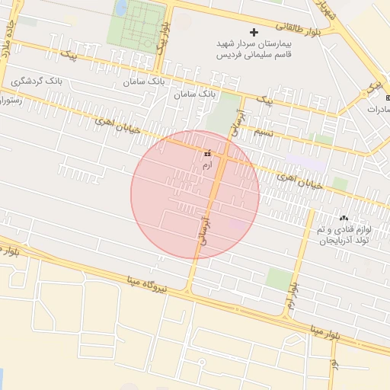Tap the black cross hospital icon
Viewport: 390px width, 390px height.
tap(254, 32)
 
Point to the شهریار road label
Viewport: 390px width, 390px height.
tap(325, 10)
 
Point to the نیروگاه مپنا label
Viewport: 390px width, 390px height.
tap(149, 286)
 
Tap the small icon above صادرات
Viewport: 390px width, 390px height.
tap(387, 99)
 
